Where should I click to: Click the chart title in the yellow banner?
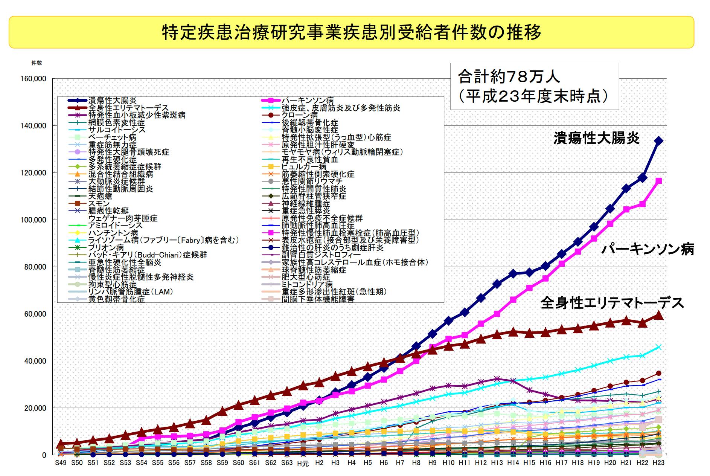click(351, 32)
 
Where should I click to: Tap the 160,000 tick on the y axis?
click(34, 79)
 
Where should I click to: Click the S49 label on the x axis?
click(61, 463)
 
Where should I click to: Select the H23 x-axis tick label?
click(658, 463)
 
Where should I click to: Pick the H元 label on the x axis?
click(303, 464)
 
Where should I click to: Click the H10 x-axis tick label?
click(448, 463)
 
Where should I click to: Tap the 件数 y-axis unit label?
click(37, 63)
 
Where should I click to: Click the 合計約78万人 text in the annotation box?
click(509, 77)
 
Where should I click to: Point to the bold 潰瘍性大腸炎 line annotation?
click(596, 139)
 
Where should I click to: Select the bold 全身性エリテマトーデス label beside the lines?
click(612, 303)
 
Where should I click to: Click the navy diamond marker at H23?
click(659, 141)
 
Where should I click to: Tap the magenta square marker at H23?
click(659, 181)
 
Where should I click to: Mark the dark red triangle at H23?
click(659, 315)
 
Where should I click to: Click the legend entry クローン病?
click(300, 115)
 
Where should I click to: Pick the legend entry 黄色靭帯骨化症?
click(116, 299)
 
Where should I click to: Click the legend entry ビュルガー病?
click(304, 167)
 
